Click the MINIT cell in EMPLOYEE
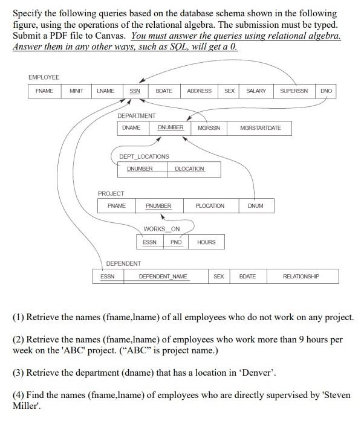pyautogui.click(x=76, y=91)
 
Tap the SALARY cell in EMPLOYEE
pyautogui.click(x=256, y=91)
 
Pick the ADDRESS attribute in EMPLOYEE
pyautogui.click(x=199, y=91)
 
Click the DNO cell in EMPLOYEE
pyautogui.click(x=326, y=91)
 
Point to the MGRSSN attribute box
pyautogui.click(x=209, y=128)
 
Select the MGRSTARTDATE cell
pyautogui.click(x=260, y=128)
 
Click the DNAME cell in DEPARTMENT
pyautogui.click(x=131, y=128)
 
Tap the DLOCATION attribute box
pyautogui.click(x=189, y=169)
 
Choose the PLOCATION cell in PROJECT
pyautogui.click(x=210, y=206)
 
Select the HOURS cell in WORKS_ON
pyautogui.click(x=206, y=242)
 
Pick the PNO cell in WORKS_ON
pyautogui.click(x=176, y=242)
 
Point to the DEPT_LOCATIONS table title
pyautogui.click(x=144, y=156)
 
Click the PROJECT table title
pyautogui.click(x=111, y=193)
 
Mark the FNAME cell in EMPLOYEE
pyautogui.click(x=44, y=91)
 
